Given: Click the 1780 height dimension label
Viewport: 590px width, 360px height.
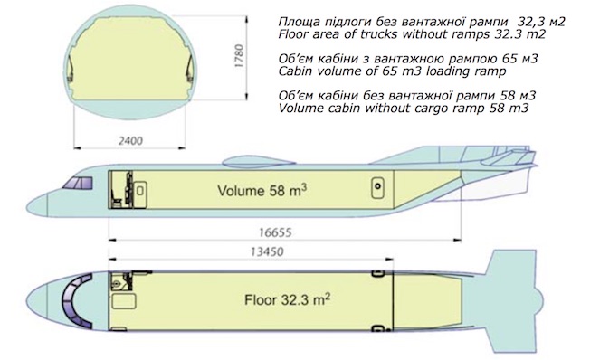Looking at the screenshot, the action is (239, 56).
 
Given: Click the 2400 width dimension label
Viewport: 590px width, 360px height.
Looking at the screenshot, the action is (130, 141).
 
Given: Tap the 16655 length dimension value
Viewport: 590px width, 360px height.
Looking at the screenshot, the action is (275, 232).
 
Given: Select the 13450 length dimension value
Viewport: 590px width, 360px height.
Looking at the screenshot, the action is (267, 251).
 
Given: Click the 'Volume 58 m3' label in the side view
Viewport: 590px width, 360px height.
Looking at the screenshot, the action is (262, 190).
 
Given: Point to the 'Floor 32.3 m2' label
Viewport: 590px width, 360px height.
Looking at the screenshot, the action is (288, 299).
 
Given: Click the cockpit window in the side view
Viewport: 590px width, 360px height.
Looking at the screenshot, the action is (78, 183).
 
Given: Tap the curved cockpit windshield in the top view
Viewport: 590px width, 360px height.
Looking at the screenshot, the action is (74, 299).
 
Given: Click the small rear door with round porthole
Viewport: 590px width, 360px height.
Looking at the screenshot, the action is (377, 187).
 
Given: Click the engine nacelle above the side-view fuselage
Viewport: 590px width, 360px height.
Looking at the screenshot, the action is (258, 162).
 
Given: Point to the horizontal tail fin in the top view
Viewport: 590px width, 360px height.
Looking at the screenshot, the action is (515, 300).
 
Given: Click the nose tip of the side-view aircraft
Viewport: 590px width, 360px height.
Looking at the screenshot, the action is (27, 206).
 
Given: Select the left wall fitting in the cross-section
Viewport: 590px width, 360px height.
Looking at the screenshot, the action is (71, 70).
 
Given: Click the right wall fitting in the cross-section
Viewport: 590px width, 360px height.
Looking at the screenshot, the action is (190, 70).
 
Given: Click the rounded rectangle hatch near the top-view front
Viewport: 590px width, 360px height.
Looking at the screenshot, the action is (124, 302).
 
